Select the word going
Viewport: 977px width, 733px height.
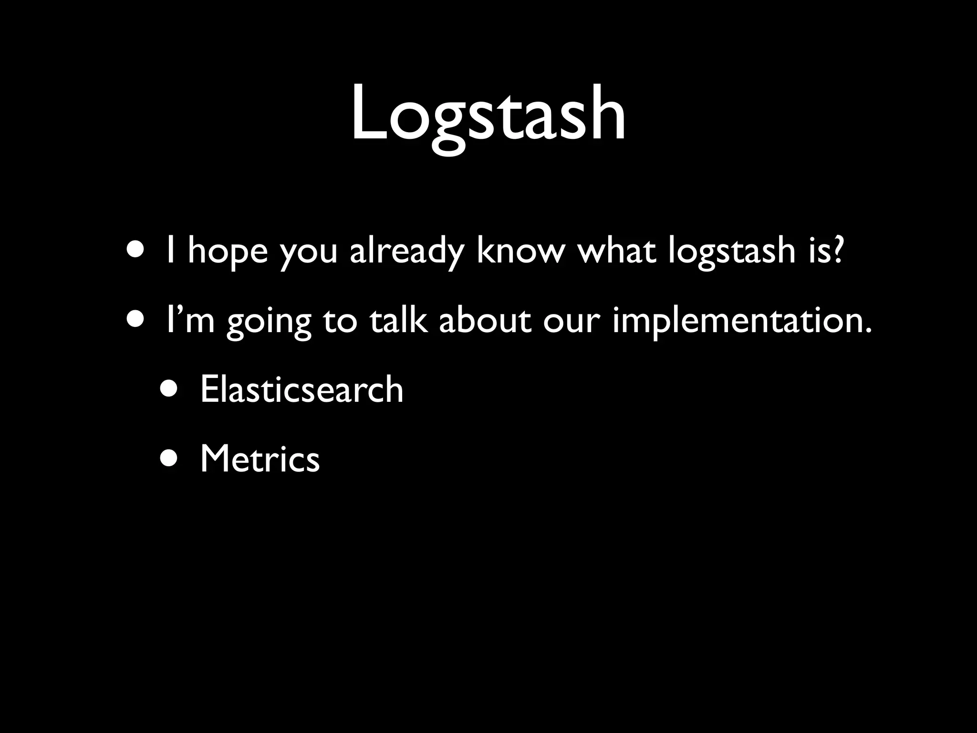(269, 322)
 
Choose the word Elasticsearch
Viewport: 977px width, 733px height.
(301, 389)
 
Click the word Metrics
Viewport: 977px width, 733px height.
(260, 459)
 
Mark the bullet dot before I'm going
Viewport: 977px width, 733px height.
(135, 319)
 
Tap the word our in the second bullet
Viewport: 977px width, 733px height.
(570, 322)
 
